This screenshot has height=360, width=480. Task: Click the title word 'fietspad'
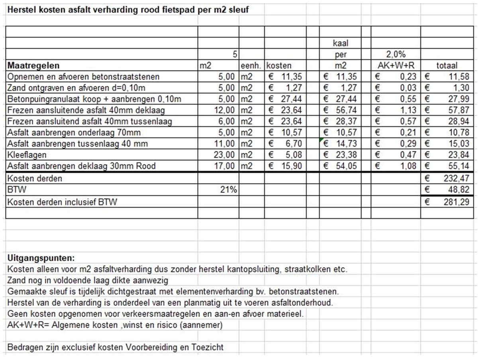coord(179,10)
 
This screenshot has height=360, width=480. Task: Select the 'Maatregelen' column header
coord(33,66)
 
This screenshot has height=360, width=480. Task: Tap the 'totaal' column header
coord(447,66)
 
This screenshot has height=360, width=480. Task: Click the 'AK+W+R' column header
coord(396,66)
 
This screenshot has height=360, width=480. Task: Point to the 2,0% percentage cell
coord(396,55)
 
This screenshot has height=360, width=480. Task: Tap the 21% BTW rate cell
coord(229,190)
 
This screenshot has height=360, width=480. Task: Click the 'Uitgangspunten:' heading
coord(41,258)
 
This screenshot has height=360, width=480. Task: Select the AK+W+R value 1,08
coord(408,166)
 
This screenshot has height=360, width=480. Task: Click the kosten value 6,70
coord(294,143)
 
